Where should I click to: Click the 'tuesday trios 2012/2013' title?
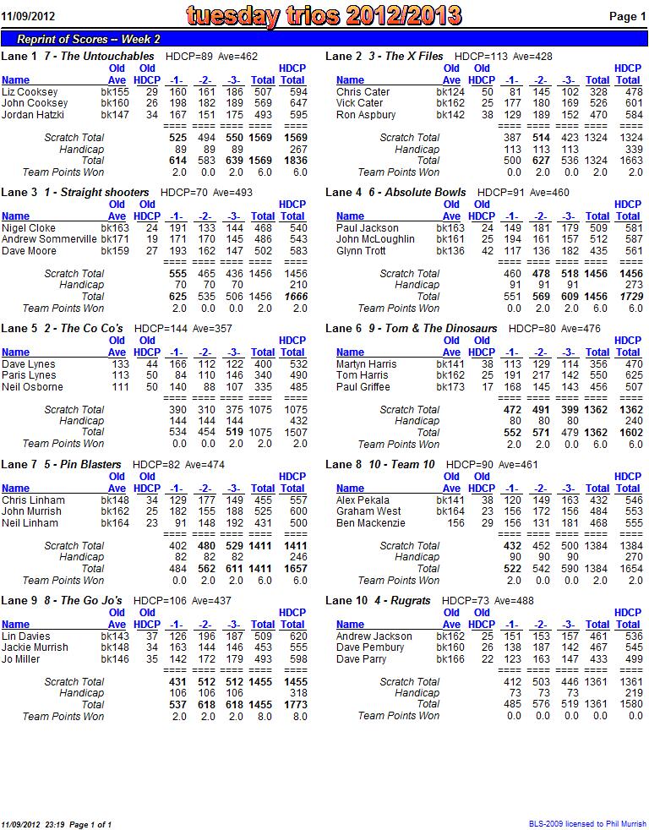pyautogui.click(x=324, y=16)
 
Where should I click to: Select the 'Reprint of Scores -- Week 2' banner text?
pyautogui.click(x=89, y=39)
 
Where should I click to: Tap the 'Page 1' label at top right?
pyautogui.click(x=628, y=16)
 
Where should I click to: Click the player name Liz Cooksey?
pyautogui.click(x=30, y=92)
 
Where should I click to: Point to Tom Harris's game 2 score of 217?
pyautogui.click(x=541, y=375)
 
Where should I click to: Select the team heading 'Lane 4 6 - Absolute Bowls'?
pyautogui.click(x=395, y=192)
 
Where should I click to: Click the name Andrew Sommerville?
pyautogui.click(x=49, y=239)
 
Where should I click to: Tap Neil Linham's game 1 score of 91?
pyautogui.click(x=181, y=523)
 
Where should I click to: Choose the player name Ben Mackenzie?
pyautogui.click(x=370, y=523)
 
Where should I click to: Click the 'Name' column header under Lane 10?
pyautogui.click(x=350, y=625)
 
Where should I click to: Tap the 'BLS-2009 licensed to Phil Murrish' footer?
pyautogui.click(x=587, y=823)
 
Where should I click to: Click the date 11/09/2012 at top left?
pyautogui.click(x=28, y=16)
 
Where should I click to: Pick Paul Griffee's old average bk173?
pyautogui.click(x=450, y=387)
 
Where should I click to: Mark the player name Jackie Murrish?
pyautogui.click(x=35, y=647)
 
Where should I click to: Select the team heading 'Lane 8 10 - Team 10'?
pyautogui.click(x=379, y=464)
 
